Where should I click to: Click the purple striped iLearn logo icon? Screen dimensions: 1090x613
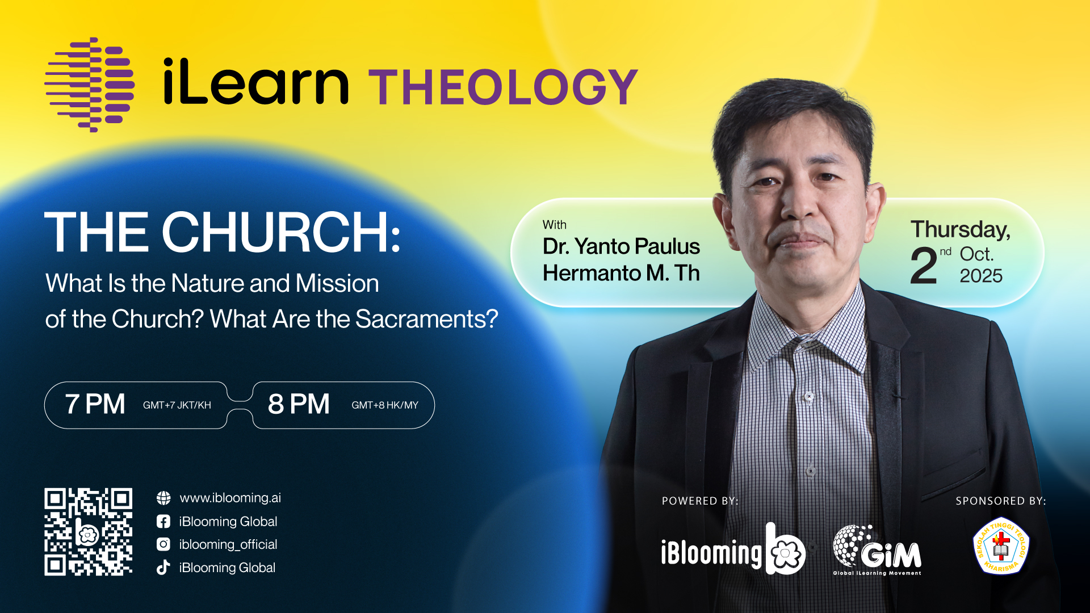pos(90,85)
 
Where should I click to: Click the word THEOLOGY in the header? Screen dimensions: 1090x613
pos(504,87)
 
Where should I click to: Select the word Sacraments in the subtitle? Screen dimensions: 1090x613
pos(426,319)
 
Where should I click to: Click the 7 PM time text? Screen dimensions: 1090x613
pos(95,404)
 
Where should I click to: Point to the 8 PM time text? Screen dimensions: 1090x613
pos(299,404)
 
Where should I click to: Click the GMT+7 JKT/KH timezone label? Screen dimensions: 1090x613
pos(177,405)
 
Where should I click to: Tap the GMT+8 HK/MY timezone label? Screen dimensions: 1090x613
pos(385,405)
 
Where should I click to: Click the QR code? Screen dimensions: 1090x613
pos(89,532)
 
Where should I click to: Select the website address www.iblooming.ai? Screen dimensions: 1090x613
pos(230,498)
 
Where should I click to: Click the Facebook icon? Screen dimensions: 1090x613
pos(163,522)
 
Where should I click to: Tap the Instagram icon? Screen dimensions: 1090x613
pos(163,544)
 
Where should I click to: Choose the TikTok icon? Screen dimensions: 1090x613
pos(163,567)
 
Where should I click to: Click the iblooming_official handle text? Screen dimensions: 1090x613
pos(228,544)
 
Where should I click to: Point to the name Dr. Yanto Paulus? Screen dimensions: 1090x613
pos(621,246)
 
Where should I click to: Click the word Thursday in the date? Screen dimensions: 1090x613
pos(961,230)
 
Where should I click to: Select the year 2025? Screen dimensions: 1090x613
pos(981,276)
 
